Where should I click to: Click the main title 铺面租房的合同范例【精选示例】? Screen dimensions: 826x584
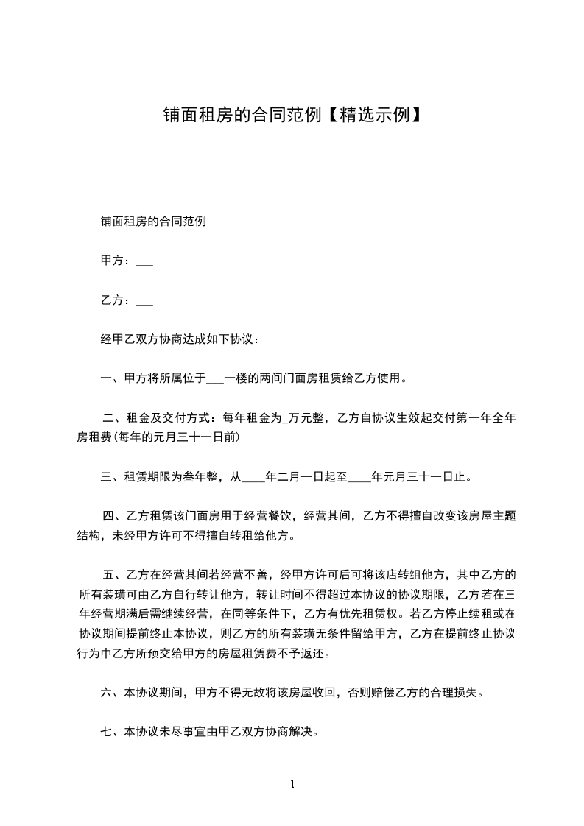pos(292,115)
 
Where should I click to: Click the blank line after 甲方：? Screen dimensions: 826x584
pos(144,261)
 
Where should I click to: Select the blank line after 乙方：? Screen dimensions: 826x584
pos(144,300)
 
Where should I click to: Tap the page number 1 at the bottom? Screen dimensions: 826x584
pos(292,784)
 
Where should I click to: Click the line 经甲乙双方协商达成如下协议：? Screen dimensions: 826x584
pos(180,340)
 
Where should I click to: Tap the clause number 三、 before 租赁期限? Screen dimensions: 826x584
pos(112,477)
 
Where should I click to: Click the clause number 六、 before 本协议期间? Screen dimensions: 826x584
pos(112,692)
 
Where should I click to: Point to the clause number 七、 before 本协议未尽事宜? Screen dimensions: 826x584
pos(112,732)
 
